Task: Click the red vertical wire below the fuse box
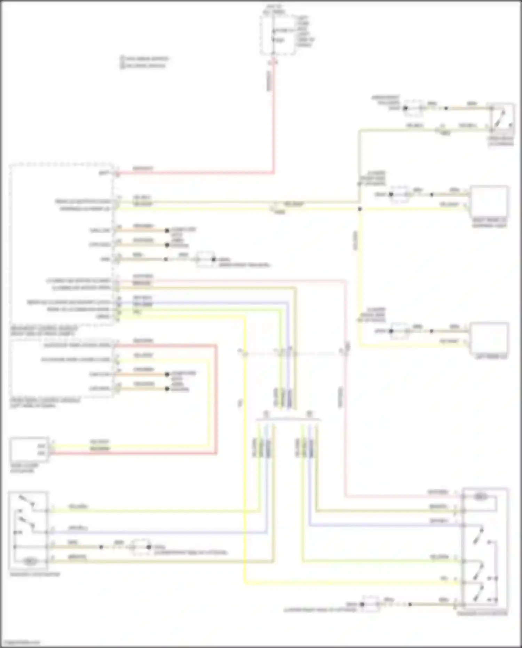[x=274, y=115]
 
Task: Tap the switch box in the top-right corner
[x=500, y=118]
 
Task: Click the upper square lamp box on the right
[x=489, y=201]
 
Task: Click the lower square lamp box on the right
[x=489, y=337]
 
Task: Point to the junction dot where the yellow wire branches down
[x=360, y=209]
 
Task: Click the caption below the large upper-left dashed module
[x=43, y=331]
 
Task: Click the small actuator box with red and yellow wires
[x=29, y=449]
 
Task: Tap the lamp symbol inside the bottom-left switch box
[x=30, y=561]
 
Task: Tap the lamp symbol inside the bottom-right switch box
[x=480, y=497]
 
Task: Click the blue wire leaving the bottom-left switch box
[x=157, y=532]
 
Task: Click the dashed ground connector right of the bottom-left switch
[x=140, y=547]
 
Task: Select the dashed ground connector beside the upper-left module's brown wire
[x=205, y=259]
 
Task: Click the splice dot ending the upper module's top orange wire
[x=167, y=231]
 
